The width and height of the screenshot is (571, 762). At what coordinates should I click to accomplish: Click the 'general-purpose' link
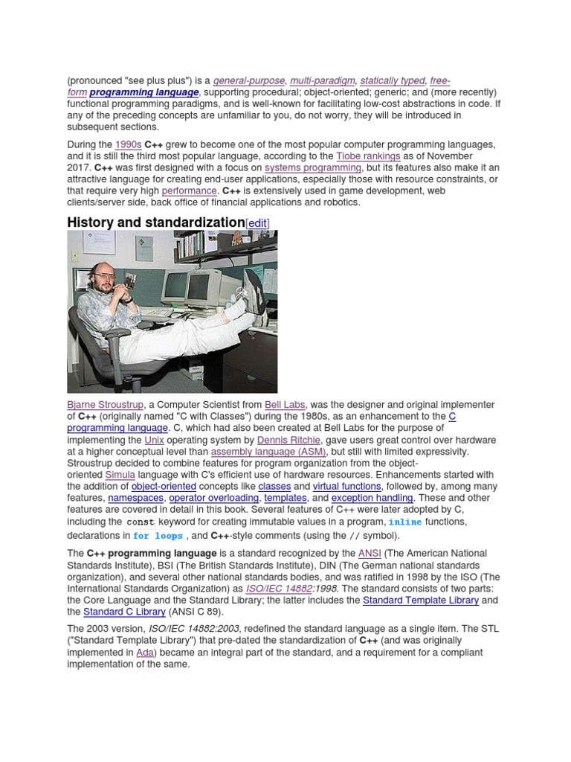point(249,80)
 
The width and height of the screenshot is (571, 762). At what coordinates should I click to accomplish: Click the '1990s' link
point(128,144)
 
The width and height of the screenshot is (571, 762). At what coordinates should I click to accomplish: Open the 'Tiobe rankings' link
point(368,156)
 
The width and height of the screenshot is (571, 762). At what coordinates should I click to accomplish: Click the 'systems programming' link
point(313,168)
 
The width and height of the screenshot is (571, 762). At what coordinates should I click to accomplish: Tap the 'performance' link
point(189,191)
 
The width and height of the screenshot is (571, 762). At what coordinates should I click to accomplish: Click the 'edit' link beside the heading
point(257,223)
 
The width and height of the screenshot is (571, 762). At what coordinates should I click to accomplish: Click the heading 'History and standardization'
point(155,222)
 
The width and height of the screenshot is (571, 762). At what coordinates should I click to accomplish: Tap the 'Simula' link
point(120,476)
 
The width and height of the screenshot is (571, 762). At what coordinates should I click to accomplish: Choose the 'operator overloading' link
point(214,498)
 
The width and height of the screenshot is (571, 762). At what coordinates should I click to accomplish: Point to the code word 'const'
point(140,522)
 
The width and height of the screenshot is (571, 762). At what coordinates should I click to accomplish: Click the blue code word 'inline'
point(404,522)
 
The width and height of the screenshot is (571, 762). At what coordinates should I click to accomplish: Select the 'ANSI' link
point(369,554)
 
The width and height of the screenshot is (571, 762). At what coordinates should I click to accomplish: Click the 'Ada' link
point(147,653)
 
